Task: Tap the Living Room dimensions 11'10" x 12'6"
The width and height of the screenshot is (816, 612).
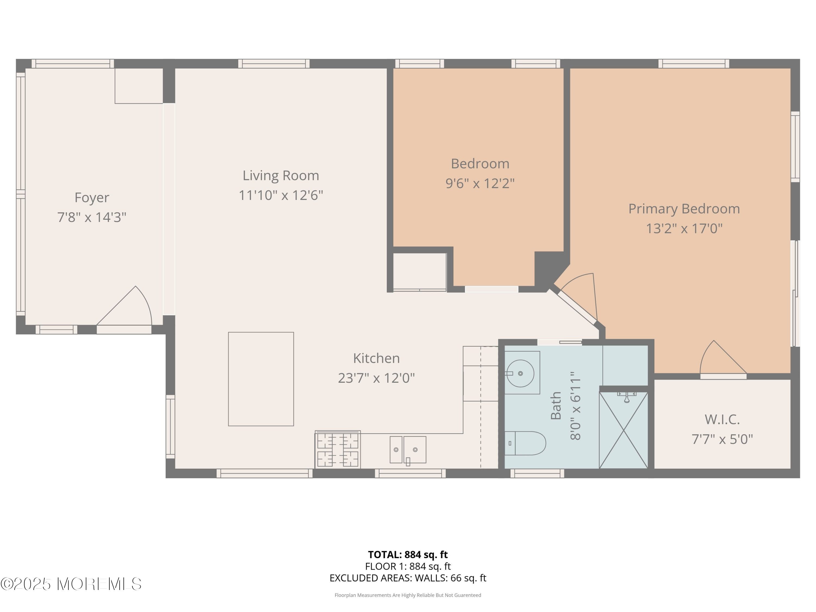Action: coord(281,195)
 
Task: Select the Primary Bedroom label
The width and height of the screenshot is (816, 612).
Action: coord(684,209)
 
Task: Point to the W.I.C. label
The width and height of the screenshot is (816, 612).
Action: coord(722,419)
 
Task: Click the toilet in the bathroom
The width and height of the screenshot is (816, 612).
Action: coord(525,443)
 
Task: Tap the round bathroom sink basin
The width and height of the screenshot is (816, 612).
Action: coord(520,373)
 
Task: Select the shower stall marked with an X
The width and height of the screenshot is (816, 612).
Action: coord(623,430)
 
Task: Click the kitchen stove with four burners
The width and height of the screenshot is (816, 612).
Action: coord(338,450)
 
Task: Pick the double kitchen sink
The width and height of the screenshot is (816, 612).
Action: coord(408,450)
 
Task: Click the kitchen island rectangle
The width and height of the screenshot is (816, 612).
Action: coord(261,379)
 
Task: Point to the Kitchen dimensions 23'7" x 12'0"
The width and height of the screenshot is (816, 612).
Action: coord(376,378)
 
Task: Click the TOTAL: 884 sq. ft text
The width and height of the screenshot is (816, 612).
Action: coord(408,554)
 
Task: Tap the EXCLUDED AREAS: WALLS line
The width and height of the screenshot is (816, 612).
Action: coord(408,578)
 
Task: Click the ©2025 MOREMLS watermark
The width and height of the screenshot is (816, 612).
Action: coord(71,584)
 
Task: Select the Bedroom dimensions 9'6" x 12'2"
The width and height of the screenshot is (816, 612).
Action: coord(480,183)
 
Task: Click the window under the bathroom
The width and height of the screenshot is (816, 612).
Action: coord(537,473)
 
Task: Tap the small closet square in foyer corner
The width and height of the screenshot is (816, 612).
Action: coord(139,86)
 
